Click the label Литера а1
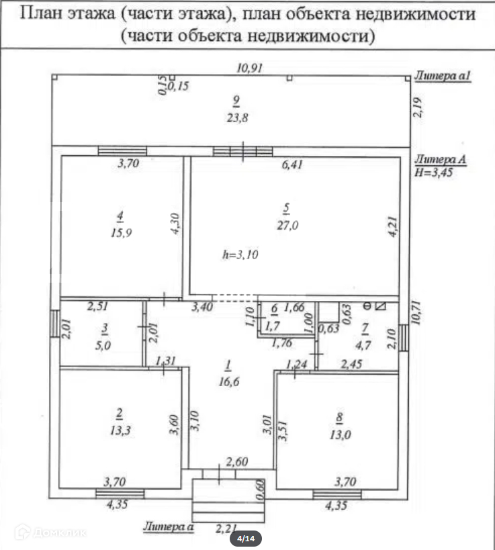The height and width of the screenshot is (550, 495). [443, 77]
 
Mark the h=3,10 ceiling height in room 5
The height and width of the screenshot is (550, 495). [240, 255]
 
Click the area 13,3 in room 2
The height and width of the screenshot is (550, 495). [119, 430]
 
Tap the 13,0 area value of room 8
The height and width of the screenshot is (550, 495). [339, 434]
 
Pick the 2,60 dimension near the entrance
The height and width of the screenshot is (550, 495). [236, 461]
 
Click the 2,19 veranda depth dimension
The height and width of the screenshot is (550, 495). [417, 107]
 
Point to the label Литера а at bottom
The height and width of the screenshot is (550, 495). [169, 527]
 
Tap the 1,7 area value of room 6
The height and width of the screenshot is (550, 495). [273, 326]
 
